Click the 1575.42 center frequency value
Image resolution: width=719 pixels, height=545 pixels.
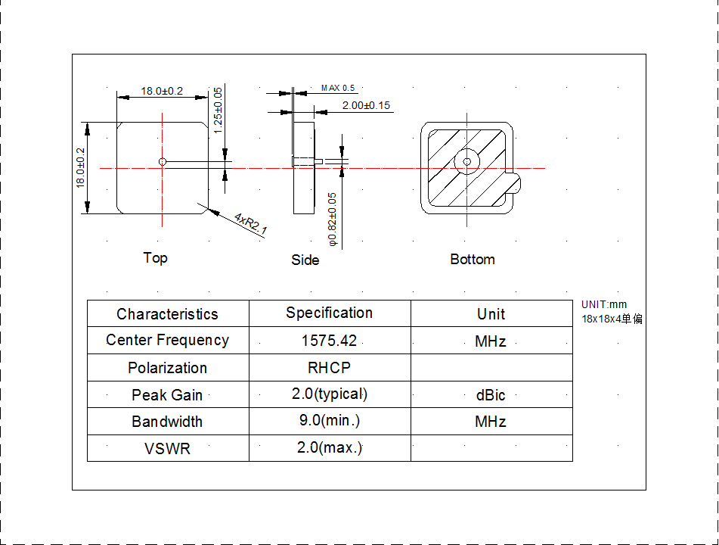click(329, 341)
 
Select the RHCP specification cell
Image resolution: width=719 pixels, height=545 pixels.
click(329, 368)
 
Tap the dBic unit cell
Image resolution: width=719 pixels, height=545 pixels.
click(491, 395)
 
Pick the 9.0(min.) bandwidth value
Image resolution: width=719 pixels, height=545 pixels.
click(329, 421)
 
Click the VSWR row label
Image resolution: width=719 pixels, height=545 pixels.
click(167, 449)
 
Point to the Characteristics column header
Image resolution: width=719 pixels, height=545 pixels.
click(167, 314)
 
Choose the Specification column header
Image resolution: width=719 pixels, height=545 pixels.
click(329, 313)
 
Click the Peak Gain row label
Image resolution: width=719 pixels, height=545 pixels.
click(167, 395)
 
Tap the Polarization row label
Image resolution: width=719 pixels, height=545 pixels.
click(167, 369)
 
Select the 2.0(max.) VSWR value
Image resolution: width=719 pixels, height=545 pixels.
click(329, 448)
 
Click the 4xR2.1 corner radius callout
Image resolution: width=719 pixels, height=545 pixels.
click(251, 224)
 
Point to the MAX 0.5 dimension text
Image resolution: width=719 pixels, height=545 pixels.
click(337, 89)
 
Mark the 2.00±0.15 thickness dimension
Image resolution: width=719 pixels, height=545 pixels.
click(366, 105)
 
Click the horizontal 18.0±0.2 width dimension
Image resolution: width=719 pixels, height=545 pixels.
click(162, 91)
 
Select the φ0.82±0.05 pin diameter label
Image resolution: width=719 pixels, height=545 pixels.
click(333, 220)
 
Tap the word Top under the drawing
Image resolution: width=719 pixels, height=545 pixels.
click(156, 258)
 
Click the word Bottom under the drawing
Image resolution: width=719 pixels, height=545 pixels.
click(473, 260)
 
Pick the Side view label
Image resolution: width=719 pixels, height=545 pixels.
click(305, 260)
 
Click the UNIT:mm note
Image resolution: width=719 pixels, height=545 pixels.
click(604, 305)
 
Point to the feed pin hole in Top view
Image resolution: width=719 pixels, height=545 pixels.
click(163, 161)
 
